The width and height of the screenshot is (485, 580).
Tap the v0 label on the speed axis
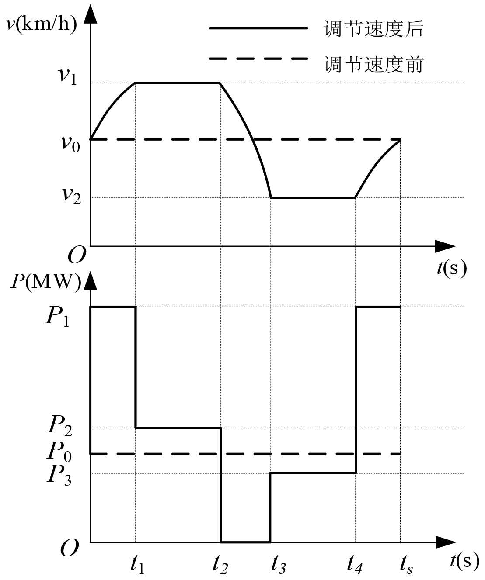pyautogui.click(x=70, y=143)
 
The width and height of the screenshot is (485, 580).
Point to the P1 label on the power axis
pyautogui.click(x=57, y=316)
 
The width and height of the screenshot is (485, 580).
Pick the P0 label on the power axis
pyautogui.click(x=59, y=451)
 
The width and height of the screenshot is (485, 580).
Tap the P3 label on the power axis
pyautogui.click(x=59, y=475)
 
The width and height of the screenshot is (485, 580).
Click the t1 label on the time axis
pyautogui.click(x=137, y=565)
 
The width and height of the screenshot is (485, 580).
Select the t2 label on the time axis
pyautogui.click(x=220, y=565)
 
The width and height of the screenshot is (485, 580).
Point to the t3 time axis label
pyautogui.click(x=278, y=565)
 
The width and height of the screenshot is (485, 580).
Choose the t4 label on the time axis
pyautogui.click(x=355, y=565)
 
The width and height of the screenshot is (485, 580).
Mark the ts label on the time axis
pyautogui.click(x=406, y=565)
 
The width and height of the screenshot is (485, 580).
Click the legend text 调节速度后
pyautogui.click(x=373, y=29)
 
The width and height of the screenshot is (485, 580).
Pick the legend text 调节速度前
pyautogui.click(x=373, y=65)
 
